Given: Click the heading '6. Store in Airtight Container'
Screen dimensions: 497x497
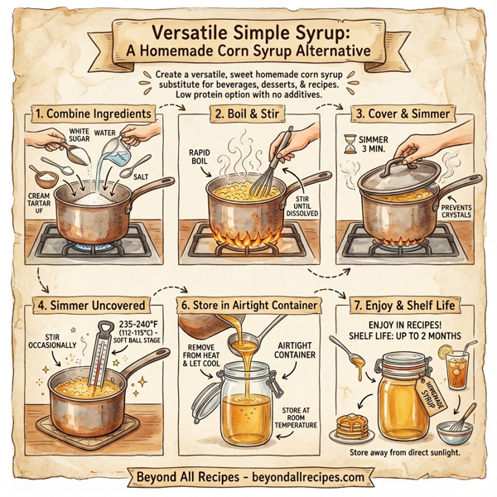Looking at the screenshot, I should click(x=249, y=305).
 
